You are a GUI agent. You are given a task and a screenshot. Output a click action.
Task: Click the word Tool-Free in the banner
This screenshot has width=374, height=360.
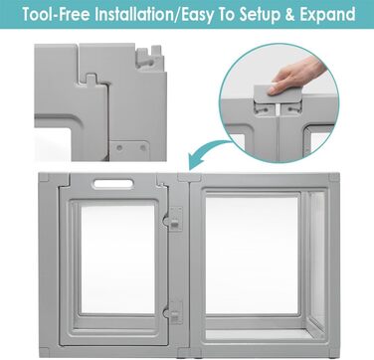[x=57, y=15]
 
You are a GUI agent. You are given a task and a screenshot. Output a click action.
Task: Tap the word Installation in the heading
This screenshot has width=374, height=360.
[x=133, y=15]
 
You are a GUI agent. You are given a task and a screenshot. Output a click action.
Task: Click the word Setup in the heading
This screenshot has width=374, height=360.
[x=260, y=15]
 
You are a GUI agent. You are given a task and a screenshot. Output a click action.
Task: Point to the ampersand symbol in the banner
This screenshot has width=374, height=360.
[x=290, y=15]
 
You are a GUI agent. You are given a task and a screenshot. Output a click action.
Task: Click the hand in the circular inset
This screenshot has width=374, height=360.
[x=296, y=76]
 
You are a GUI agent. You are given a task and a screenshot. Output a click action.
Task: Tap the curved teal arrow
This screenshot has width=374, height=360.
[x=207, y=151]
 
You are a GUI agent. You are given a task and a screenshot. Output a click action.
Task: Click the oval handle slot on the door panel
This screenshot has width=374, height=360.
[x=113, y=183]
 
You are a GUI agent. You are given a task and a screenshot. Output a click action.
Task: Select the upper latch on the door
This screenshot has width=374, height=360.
[x=175, y=219]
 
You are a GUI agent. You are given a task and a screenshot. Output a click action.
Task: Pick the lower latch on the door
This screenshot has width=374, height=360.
[x=175, y=313]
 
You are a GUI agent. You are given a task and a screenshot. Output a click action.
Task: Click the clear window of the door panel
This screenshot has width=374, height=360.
[x=118, y=259]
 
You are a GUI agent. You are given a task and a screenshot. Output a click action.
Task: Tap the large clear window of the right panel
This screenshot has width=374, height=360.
[x=252, y=256]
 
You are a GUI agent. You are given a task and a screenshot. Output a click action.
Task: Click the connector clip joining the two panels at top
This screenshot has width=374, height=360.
[x=189, y=177]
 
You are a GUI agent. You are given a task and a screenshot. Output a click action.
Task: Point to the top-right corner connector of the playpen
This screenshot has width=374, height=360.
[x=334, y=177]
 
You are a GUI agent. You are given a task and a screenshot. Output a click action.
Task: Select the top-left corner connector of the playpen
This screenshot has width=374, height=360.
[x=44, y=177]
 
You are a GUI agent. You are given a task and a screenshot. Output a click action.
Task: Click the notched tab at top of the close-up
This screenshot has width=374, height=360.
[x=149, y=57]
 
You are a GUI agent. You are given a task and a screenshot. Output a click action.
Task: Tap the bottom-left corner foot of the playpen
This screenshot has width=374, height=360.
[x=44, y=352]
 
